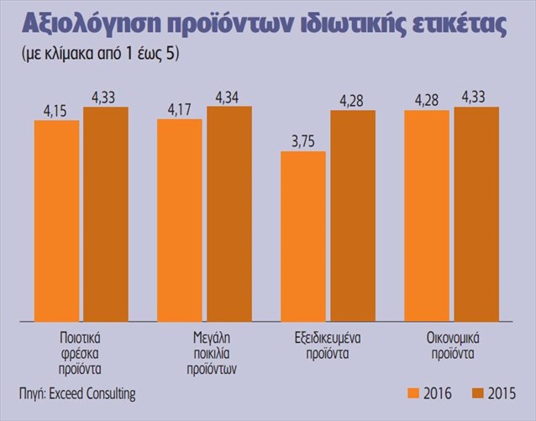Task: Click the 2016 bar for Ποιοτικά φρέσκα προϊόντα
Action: click(57, 221)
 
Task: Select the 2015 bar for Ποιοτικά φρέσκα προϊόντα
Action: click(106, 214)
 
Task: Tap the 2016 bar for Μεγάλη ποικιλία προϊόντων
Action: click(180, 221)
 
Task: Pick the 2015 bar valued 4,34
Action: click(229, 214)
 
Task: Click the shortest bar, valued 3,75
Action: click(303, 237)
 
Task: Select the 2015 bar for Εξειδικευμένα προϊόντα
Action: click(353, 216)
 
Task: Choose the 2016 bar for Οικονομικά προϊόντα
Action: click(427, 216)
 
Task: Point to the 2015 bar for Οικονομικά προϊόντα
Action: click(476, 214)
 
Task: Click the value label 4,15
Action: click(55, 112)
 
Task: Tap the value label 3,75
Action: click(303, 142)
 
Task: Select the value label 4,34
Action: click(228, 98)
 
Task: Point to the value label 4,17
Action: click(180, 110)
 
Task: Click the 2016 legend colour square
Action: click(413, 393)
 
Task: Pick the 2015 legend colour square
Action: click(477, 393)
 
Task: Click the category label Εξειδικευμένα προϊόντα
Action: click(328, 345)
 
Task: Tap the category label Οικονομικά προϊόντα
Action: click(453, 345)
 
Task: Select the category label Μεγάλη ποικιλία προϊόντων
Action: click(212, 354)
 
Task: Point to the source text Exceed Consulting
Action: click(92, 393)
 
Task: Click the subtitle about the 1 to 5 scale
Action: click(101, 54)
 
